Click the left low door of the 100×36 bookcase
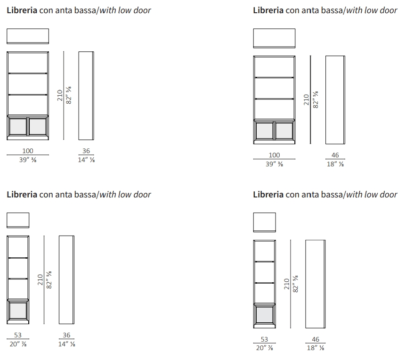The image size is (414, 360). [x=18, y=127]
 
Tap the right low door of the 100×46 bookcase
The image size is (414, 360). [x=284, y=131]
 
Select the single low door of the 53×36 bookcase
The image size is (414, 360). [x=18, y=311]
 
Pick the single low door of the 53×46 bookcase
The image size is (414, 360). [x=265, y=315]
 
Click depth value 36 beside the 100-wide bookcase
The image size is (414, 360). [x=86, y=151]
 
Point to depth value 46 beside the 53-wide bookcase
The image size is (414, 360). [x=316, y=339]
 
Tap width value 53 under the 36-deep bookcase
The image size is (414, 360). [x=18, y=335]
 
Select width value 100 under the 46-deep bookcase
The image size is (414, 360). [x=274, y=155]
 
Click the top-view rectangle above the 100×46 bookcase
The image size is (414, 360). [x=274, y=38]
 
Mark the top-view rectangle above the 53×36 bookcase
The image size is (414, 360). [x=18, y=220]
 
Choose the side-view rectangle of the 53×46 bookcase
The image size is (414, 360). [x=316, y=284]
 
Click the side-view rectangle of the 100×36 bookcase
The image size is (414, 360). [x=86, y=96]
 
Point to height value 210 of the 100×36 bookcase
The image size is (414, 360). [x=60, y=95]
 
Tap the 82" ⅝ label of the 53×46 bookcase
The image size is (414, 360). [x=296, y=284]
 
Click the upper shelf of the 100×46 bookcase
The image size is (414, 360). [x=274, y=77]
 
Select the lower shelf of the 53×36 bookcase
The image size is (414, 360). [x=18, y=278]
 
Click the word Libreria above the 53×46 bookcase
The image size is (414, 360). [x=268, y=195]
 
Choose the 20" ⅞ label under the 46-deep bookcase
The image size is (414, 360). [x=265, y=348]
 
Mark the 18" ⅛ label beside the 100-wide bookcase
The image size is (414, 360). [x=335, y=164]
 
